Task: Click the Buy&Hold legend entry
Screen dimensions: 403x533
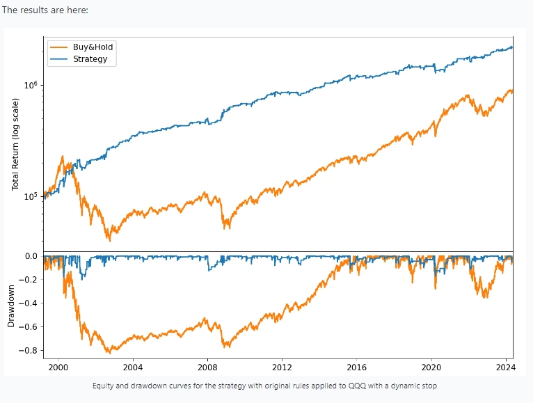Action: [x=93, y=47]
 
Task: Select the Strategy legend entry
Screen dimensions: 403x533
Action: [x=90, y=59]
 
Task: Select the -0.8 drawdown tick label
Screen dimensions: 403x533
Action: [x=27, y=351]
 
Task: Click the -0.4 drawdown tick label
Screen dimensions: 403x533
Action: [x=27, y=303]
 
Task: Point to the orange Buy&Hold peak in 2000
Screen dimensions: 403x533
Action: [x=63, y=157]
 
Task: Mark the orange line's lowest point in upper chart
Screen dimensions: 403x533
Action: [x=109, y=240]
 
